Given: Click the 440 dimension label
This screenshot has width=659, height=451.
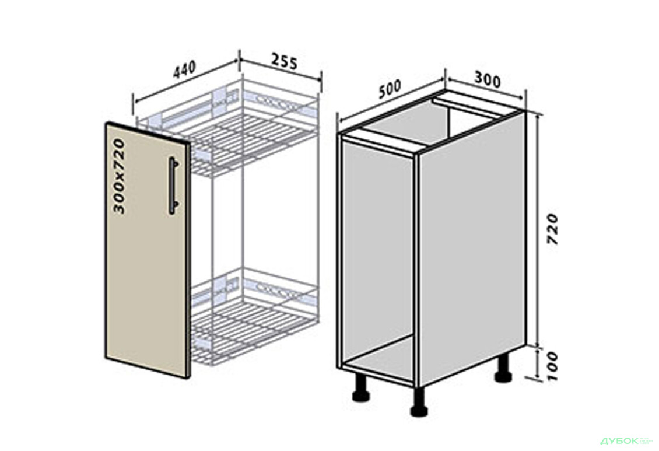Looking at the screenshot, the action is coord(184,69).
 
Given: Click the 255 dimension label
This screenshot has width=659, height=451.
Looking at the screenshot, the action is coord(284,61).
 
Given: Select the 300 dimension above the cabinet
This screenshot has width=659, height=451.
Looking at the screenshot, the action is coord(488,79).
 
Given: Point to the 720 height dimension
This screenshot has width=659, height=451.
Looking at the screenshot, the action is coord(553,229).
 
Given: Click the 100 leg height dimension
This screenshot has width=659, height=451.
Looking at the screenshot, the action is coord(553,366).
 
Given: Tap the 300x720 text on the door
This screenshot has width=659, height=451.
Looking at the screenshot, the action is coord(120,177).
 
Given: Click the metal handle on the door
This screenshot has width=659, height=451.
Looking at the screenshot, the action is coord(174,186).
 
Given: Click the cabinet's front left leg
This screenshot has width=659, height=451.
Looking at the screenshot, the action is coord(360,387).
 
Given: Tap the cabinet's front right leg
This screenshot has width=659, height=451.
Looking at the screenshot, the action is coord(419,401).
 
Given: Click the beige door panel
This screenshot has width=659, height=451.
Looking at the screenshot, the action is coord(147,250).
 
